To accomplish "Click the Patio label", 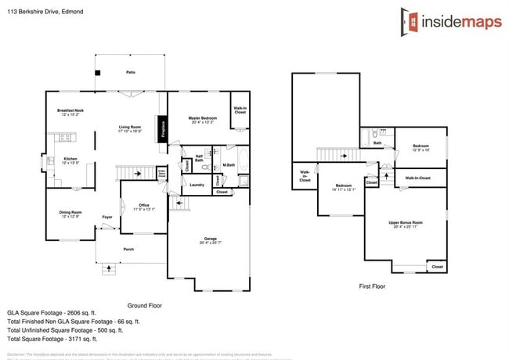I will coord(130,72).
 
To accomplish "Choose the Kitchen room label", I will coord(70,161).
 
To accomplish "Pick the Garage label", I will coord(210,240).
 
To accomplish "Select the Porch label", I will coord(128,250).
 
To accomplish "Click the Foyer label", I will coord(107,218).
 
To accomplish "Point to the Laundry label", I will coord(197,185).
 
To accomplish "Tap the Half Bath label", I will coord(199,159).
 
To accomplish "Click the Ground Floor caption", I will coord(144,305).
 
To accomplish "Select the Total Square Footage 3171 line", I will coord(52,339).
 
